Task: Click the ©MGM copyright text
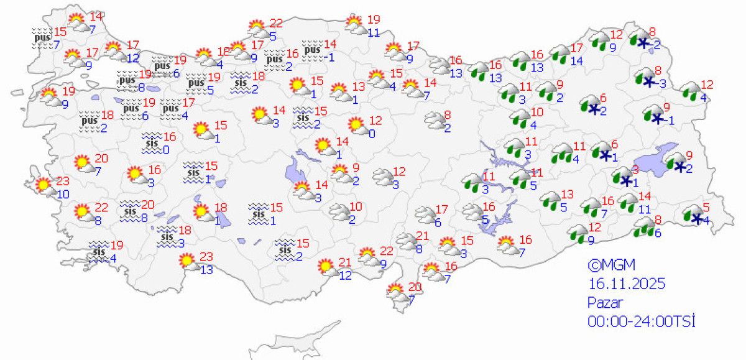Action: pyautogui.click(x=612, y=265)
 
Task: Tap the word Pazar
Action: pyautogui.click(x=604, y=302)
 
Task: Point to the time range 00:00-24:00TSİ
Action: pyautogui.click(x=640, y=321)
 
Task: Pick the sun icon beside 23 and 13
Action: pyautogui.click(x=186, y=261)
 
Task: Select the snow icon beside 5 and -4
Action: pyautogui.click(x=691, y=216)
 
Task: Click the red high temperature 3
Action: pyautogui.click(x=635, y=170)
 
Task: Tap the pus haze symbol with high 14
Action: pyautogui.click(x=311, y=48)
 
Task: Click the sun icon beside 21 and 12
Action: pyautogui.click(x=325, y=267)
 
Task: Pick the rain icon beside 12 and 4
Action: pyautogui.click(x=689, y=91)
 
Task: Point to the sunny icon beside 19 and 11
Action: pyautogui.click(x=355, y=25)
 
